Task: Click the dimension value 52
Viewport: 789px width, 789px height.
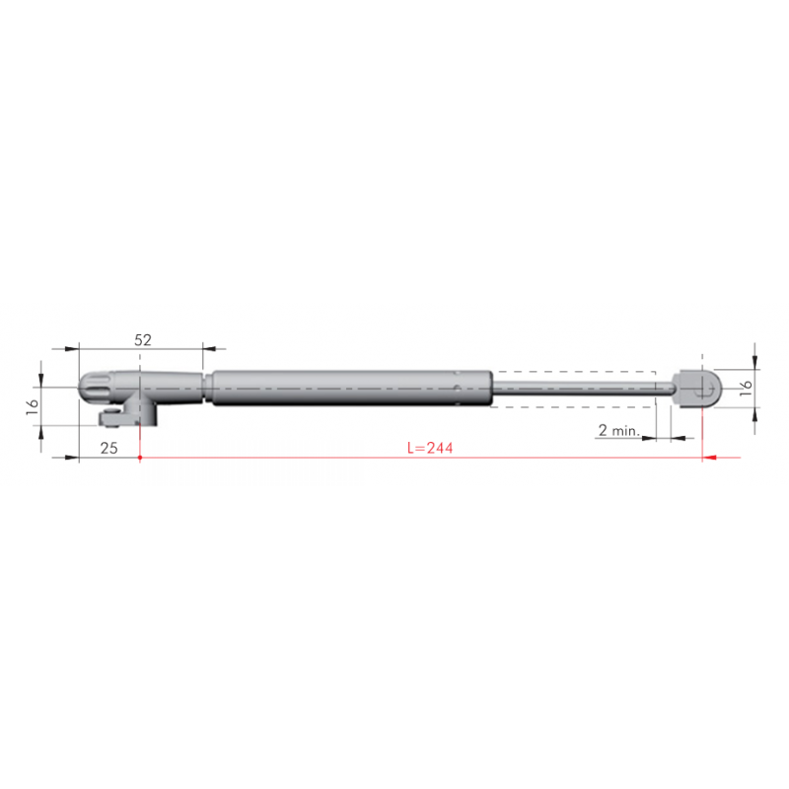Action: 143,339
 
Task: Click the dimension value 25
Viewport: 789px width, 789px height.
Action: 109,448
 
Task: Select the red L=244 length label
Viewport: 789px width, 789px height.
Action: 430,448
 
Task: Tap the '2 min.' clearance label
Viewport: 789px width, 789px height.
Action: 618,430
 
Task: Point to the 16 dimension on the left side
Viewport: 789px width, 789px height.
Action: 32,404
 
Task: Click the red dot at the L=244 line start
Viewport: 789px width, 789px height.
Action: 142,458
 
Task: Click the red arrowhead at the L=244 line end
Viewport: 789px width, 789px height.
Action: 708,458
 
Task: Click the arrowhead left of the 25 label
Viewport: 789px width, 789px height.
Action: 71,458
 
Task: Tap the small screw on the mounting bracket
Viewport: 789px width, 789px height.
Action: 120,413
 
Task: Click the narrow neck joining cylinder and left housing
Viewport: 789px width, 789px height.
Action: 206,388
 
